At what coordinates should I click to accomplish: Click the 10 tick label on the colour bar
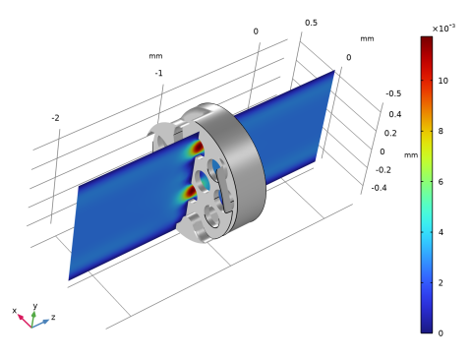point(442,81)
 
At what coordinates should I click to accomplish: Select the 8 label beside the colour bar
point(441,131)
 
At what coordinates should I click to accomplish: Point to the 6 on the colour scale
point(441,182)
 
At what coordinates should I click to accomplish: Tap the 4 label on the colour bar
point(441,232)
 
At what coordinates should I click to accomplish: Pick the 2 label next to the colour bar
point(441,282)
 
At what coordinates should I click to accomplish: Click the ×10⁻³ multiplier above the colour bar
point(443,29)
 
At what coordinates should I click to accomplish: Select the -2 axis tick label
point(55,118)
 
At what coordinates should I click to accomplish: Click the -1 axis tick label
point(158,73)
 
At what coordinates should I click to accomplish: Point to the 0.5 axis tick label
point(311,23)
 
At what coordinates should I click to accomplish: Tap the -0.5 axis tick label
point(393,93)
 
